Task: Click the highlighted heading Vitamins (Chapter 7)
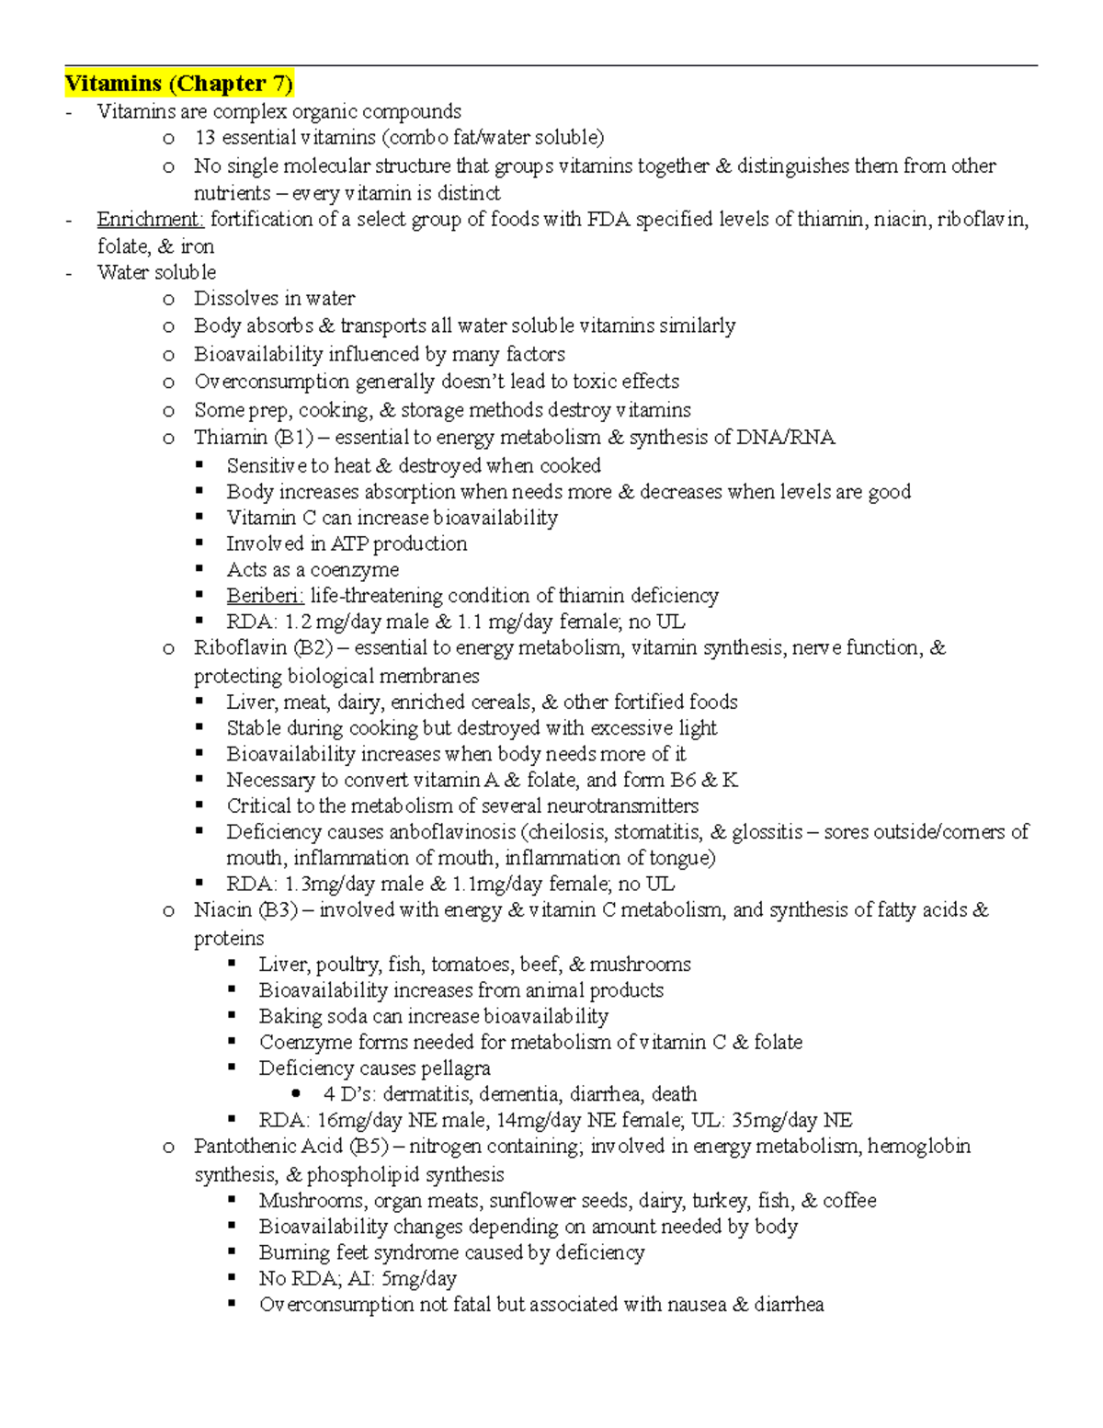coord(178,84)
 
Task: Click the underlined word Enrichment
coord(150,219)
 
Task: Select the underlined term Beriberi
coord(265,596)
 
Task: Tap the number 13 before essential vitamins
coord(204,138)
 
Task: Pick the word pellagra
coord(455,1068)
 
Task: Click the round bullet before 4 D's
coord(296,1094)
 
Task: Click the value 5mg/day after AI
coord(418,1278)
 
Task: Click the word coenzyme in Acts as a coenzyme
coord(354,570)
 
